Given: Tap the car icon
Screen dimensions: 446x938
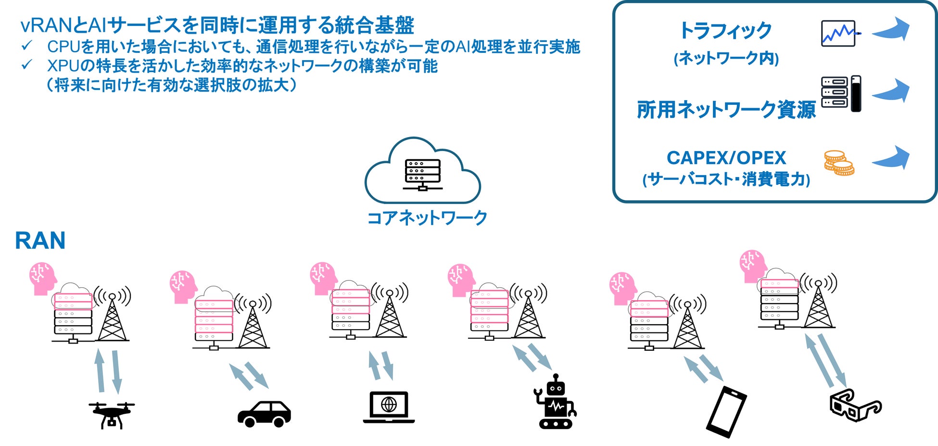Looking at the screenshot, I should tap(264, 414).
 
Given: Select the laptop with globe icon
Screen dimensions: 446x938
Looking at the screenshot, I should tap(389, 407).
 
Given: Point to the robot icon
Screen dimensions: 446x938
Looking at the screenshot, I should tap(556, 402).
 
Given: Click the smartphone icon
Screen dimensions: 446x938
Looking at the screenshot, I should tap(726, 412).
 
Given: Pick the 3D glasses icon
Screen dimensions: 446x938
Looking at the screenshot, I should tap(855, 405).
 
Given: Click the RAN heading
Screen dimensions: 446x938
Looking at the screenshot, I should tap(40, 241).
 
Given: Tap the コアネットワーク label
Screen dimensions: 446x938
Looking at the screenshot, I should tap(427, 218).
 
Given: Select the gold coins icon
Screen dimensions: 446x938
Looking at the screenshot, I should tap(839, 163).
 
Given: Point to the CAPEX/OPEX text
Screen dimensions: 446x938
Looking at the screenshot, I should tap(726, 158).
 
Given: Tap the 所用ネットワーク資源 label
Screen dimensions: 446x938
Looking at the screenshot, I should tap(726, 110).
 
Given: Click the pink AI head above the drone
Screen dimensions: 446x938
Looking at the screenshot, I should tap(42, 278).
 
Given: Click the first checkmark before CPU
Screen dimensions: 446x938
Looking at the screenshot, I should tap(27, 46).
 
